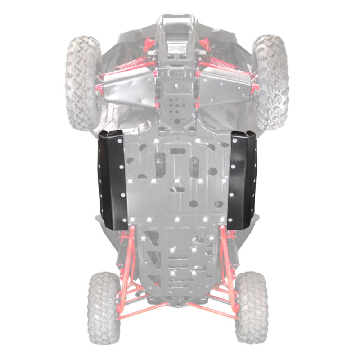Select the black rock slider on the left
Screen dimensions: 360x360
[x=112, y=180]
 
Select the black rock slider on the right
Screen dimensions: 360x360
[x=242, y=180]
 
